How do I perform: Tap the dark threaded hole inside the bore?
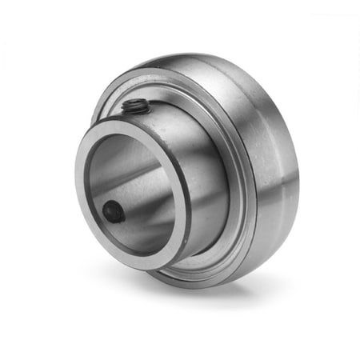(x=114, y=211)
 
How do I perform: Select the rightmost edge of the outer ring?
(x=298, y=172)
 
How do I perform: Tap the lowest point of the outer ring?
(x=200, y=286)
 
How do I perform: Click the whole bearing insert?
(x=188, y=172)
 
